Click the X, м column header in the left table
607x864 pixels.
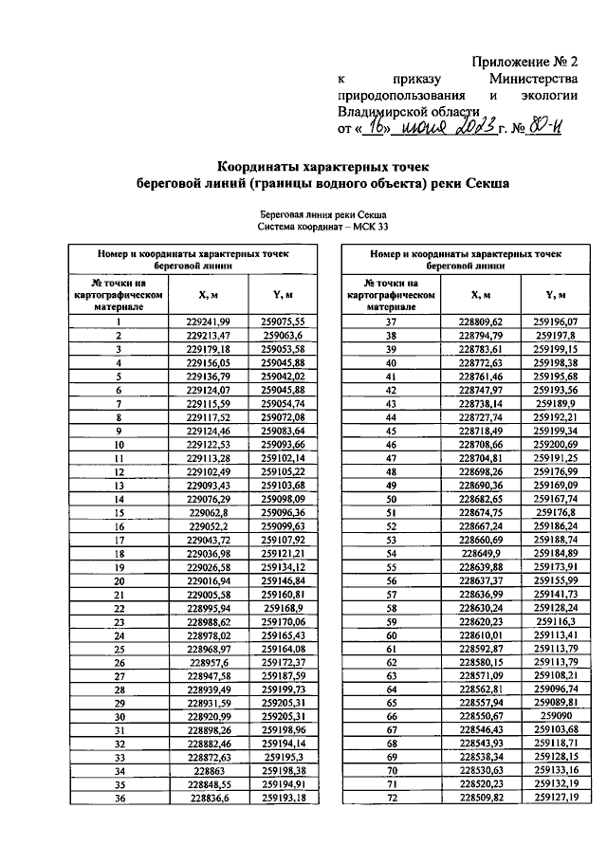pyautogui.click(x=210, y=295)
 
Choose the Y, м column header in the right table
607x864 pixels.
pyautogui.click(x=555, y=295)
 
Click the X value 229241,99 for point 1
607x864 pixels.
pyautogui.click(x=210, y=322)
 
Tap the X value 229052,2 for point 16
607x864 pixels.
pyautogui.click(x=210, y=525)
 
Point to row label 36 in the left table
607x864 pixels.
pyautogui.click(x=119, y=800)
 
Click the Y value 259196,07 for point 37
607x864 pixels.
pyautogui.click(x=555, y=322)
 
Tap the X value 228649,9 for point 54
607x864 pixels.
pyautogui.click(x=482, y=553)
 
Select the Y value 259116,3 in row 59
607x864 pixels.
pyautogui.click(x=555, y=621)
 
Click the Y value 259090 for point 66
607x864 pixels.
pyautogui.click(x=555, y=716)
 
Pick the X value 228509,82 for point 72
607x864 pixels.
pyautogui.click(x=482, y=799)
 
